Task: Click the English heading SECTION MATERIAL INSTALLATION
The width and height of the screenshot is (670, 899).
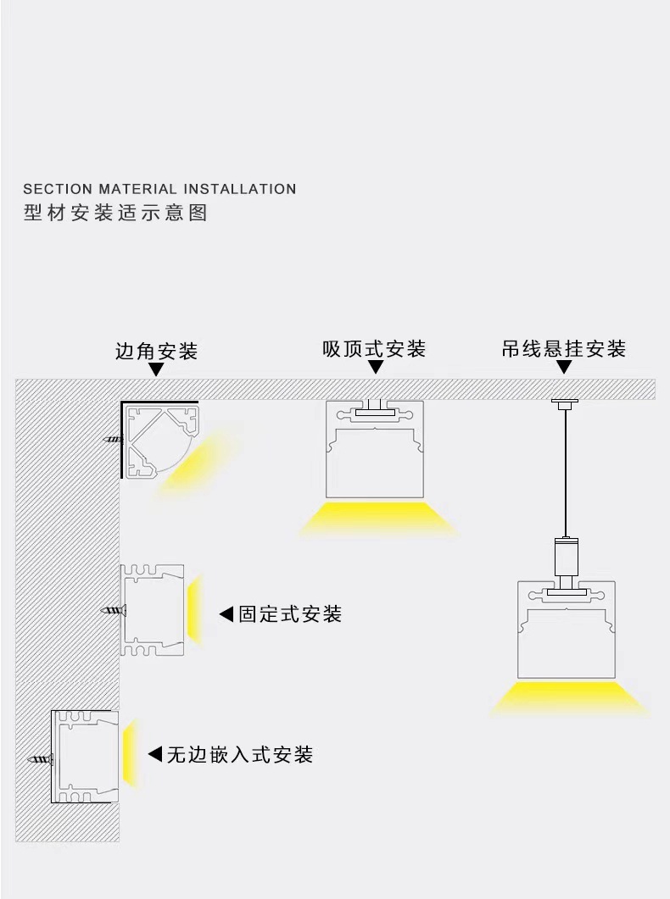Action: point(159,189)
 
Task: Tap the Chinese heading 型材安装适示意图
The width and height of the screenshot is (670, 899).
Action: point(115,213)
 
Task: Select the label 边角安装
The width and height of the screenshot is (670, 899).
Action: point(156,351)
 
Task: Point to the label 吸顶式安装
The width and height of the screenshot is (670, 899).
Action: point(374,348)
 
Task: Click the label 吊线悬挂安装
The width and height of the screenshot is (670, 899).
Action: point(563,348)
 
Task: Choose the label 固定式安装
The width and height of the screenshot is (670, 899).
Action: point(290,614)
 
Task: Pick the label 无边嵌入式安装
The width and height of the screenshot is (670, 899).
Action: point(240,753)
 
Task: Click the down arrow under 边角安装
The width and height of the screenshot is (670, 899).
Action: point(156,369)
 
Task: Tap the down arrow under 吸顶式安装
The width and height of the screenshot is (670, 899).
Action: point(375,368)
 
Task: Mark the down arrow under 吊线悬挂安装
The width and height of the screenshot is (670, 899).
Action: point(563,368)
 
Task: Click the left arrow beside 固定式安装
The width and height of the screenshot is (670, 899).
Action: point(226,614)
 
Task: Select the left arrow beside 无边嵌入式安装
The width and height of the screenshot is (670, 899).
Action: point(154,753)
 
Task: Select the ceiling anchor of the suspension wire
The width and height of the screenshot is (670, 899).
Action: point(563,402)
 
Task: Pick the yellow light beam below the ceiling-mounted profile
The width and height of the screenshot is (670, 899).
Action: point(376,518)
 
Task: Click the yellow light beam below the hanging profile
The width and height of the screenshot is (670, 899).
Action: point(567,697)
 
